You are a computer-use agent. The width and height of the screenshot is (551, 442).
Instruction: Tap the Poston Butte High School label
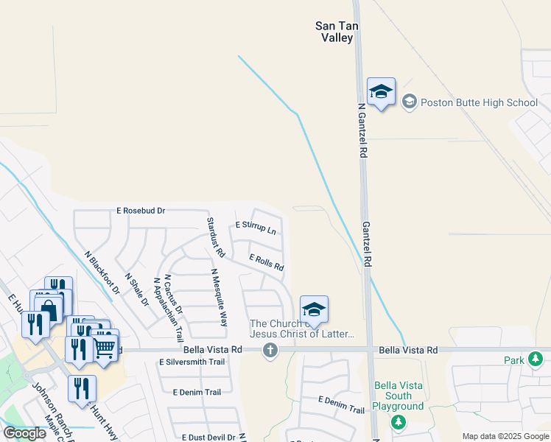click(x=479, y=102)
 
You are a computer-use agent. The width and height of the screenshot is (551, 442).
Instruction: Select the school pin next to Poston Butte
click(x=381, y=92)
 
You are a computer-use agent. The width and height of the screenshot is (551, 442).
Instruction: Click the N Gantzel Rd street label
click(x=362, y=131)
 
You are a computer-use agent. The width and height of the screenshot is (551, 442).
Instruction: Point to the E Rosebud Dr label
click(x=141, y=211)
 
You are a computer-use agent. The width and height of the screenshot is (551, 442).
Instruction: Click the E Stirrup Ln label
click(x=256, y=228)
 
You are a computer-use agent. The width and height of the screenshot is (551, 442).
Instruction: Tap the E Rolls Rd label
click(x=267, y=262)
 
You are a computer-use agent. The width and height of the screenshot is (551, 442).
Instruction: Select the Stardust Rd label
click(x=215, y=236)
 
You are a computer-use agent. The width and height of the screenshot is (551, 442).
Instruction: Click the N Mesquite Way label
click(x=219, y=297)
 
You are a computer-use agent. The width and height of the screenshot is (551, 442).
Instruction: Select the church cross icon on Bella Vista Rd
click(x=270, y=350)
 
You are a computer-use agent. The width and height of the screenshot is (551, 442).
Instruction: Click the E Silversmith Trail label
click(x=192, y=362)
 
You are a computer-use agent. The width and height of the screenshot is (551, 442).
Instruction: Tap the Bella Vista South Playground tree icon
click(x=398, y=421)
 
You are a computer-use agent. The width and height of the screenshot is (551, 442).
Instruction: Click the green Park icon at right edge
click(x=536, y=359)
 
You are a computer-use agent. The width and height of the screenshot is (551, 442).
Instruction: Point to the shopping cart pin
click(x=104, y=347)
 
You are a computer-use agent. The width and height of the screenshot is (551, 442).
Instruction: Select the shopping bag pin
click(x=49, y=308)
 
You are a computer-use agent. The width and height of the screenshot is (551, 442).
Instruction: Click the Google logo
click(x=24, y=433)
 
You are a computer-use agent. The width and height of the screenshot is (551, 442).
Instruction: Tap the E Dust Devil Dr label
click(x=208, y=438)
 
